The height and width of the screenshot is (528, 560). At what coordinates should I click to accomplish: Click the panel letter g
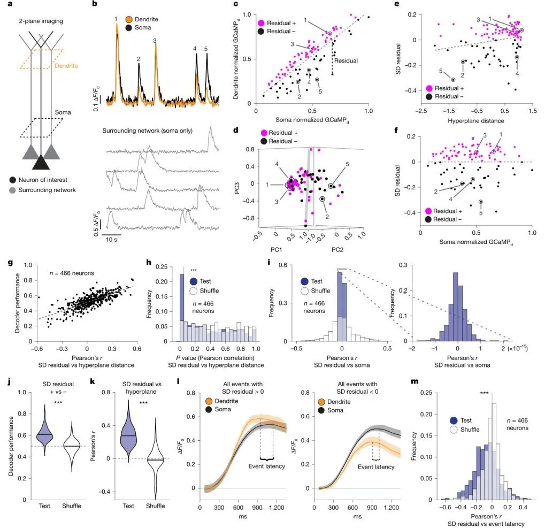(x=10, y=263)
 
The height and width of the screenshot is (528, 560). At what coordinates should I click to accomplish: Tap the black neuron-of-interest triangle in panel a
(x=41, y=162)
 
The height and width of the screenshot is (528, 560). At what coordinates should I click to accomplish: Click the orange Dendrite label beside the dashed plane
(x=66, y=66)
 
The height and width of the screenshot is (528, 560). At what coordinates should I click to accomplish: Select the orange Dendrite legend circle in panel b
(x=129, y=19)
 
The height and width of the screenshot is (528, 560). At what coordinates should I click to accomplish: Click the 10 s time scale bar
(x=111, y=235)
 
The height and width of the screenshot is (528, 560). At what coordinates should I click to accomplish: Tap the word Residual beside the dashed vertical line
(x=346, y=61)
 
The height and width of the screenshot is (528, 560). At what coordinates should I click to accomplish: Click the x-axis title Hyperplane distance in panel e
(x=475, y=121)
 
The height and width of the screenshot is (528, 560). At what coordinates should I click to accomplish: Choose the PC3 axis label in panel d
(x=237, y=188)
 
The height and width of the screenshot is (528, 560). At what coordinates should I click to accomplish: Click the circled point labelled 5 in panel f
(x=481, y=202)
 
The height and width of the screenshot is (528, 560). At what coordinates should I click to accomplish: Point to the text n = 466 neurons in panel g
(x=72, y=273)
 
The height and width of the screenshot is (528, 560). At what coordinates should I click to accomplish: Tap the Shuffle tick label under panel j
(x=72, y=506)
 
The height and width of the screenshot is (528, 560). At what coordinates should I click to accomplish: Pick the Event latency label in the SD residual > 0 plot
(x=266, y=466)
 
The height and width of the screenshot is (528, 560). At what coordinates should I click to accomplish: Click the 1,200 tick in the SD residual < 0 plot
(x=392, y=507)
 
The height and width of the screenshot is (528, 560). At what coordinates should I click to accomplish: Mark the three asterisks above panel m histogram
(x=484, y=393)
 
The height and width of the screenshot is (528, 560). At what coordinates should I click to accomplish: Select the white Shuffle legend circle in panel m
(x=454, y=430)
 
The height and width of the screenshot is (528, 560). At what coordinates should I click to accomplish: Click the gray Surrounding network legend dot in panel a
(x=12, y=190)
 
